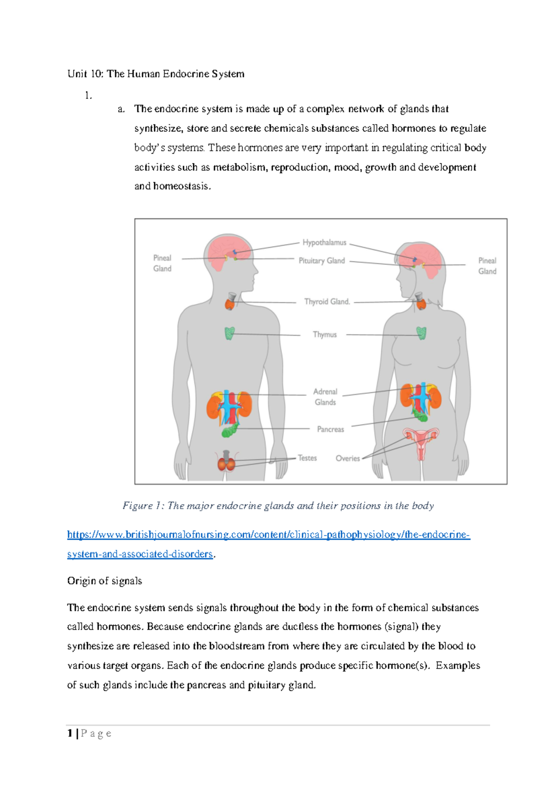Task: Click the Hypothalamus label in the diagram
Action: [x=324, y=243]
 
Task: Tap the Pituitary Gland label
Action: [x=322, y=261]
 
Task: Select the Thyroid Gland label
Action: [x=327, y=302]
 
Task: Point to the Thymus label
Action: [x=324, y=335]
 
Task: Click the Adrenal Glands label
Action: [x=325, y=397]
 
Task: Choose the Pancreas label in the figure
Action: [x=330, y=430]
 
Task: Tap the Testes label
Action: [x=307, y=458]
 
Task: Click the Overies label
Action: [x=347, y=459]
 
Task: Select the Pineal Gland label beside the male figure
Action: [x=162, y=263]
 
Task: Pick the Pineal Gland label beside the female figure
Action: [x=487, y=266]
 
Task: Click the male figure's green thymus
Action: [x=229, y=333]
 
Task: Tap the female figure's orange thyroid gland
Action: [x=421, y=304]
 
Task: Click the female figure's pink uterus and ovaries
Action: [x=421, y=440]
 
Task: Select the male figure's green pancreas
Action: [x=230, y=430]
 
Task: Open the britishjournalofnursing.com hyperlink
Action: [x=268, y=535]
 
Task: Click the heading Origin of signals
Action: [x=104, y=581]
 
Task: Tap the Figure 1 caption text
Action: [x=278, y=506]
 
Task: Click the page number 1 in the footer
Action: [x=70, y=733]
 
